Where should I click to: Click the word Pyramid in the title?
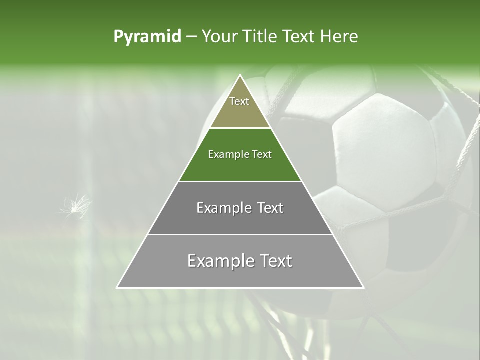[147, 37]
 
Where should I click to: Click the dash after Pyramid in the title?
[191, 37]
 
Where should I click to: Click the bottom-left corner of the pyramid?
[117, 287]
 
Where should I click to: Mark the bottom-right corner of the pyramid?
[363, 287]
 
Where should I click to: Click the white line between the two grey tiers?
[240, 234]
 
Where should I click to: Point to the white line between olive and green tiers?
[240, 128]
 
